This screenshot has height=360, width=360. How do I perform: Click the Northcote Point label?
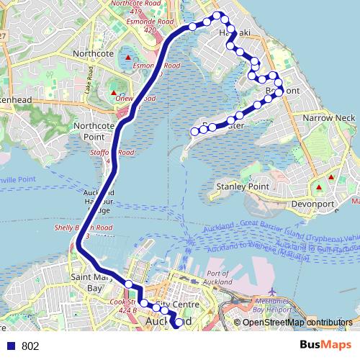click(x=95, y=131)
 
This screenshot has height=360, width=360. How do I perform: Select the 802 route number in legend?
click(x=30, y=346)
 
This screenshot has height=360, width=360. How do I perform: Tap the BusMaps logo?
click(x=326, y=345)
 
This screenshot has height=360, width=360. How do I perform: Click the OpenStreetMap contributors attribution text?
click(x=297, y=322)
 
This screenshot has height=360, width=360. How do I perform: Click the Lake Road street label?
click(x=91, y=74)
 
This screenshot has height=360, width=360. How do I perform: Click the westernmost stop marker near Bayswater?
click(x=194, y=131)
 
